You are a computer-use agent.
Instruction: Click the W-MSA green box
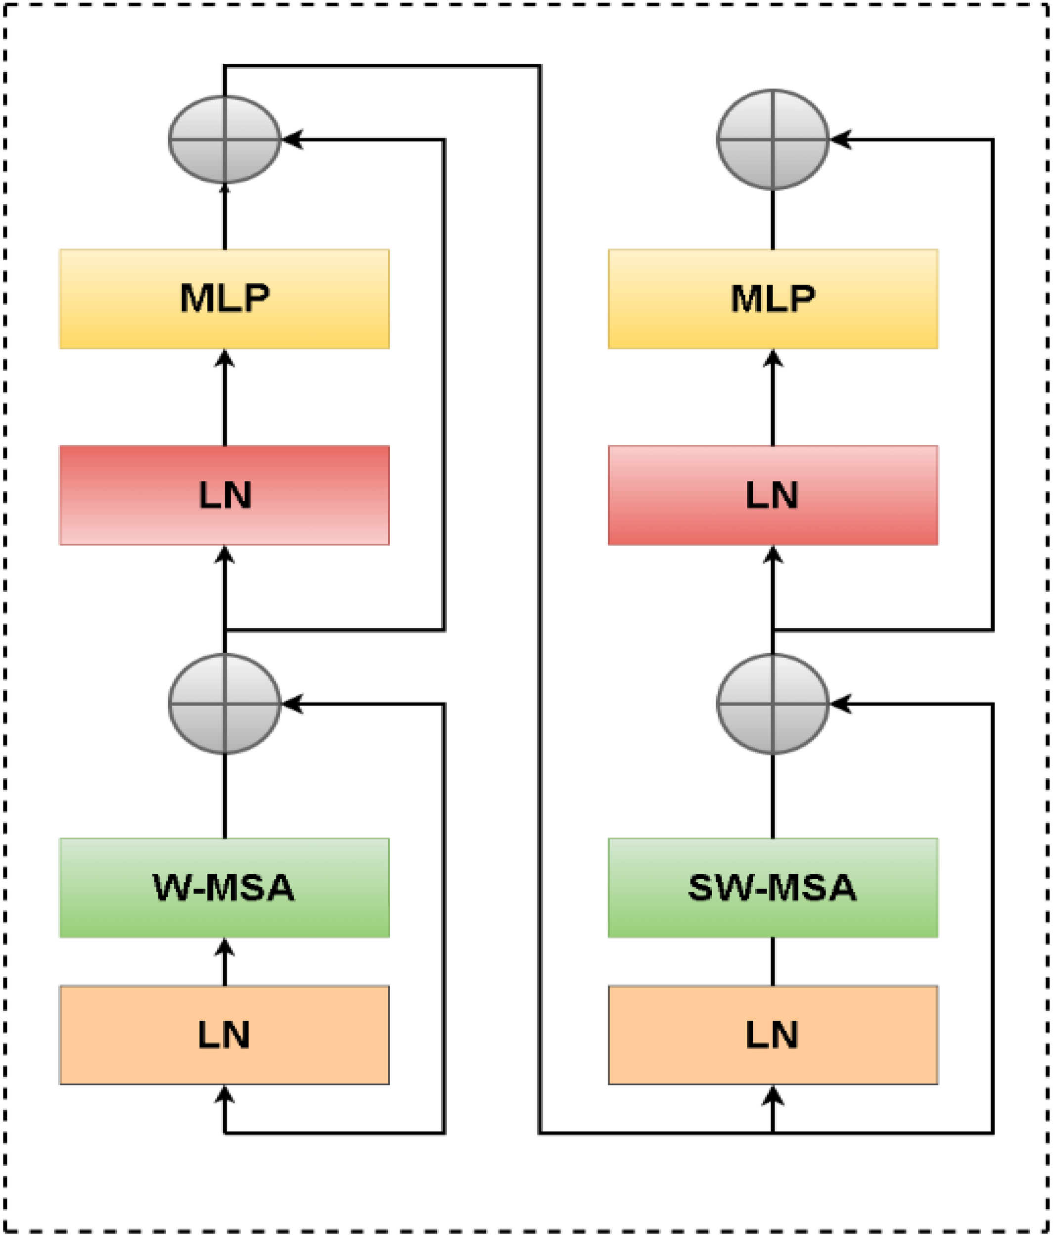pyautogui.click(x=225, y=888)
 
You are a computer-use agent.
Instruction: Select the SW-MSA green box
pyautogui.click(x=773, y=888)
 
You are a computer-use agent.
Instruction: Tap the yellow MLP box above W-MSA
pyautogui.click(x=225, y=298)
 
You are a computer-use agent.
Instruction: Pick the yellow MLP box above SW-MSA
pyautogui.click(x=773, y=298)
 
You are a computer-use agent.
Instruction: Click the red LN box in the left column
pyautogui.click(x=225, y=495)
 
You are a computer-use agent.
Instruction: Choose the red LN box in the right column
pyautogui.click(x=773, y=495)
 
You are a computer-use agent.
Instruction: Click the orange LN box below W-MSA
pyautogui.click(x=225, y=1035)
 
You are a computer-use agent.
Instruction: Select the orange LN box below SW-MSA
pyautogui.click(x=773, y=1035)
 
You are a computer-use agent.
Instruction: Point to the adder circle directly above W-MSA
pyautogui.click(x=225, y=704)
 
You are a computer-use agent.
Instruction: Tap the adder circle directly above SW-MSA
pyautogui.click(x=773, y=704)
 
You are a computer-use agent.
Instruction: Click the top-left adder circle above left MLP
pyautogui.click(x=225, y=139)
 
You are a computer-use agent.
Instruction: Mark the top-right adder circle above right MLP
pyautogui.click(x=773, y=139)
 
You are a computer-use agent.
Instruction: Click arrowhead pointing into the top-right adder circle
pyautogui.click(x=839, y=139)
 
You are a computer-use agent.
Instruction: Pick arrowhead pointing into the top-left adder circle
pyautogui.click(x=291, y=139)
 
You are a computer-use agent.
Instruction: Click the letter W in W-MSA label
pyautogui.click(x=171, y=888)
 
